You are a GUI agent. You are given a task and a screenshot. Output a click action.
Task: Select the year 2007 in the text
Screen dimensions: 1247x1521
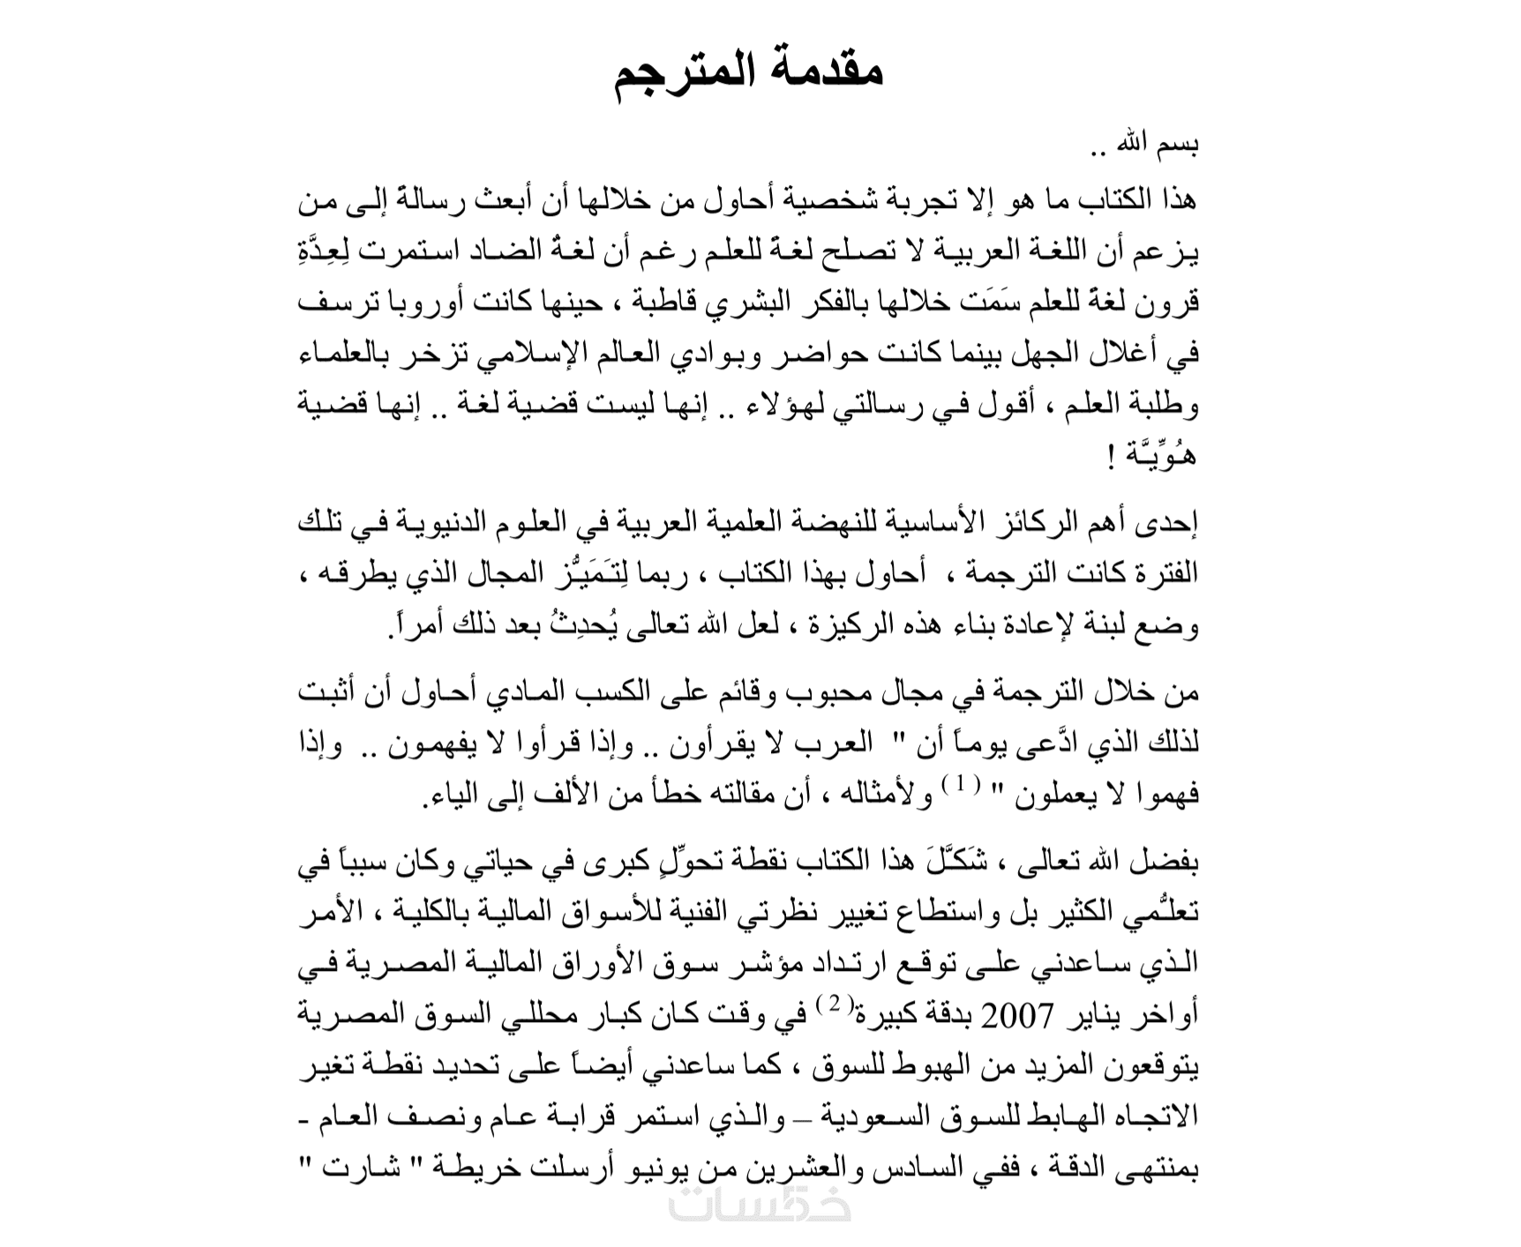coord(1020,1017)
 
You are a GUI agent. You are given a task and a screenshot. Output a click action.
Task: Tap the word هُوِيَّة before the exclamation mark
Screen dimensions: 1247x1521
coord(1163,456)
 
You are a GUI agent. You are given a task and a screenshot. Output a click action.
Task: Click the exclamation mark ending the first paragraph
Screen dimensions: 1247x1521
coord(1109,456)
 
